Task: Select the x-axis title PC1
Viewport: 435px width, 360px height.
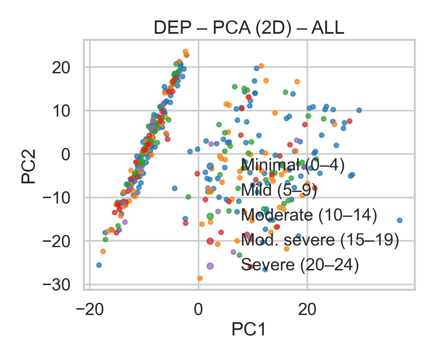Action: point(249,330)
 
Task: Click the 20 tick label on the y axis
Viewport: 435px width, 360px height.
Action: point(61,68)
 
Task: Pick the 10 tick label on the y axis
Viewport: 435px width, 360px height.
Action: point(61,111)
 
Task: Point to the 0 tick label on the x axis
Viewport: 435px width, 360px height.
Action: point(198,310)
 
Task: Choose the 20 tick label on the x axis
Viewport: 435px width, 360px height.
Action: point(307,310)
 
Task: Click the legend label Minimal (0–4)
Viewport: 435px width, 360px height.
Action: point(293,165)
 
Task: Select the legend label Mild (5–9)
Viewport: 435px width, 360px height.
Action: point(279,190)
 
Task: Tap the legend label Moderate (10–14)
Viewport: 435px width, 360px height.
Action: point(309,215)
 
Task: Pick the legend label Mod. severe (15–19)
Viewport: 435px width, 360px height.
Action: point(320,240)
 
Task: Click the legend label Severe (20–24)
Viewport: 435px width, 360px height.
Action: point(300,265)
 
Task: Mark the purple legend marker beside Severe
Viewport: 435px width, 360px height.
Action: point(210,266)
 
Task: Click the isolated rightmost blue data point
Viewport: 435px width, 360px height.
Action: point(400,220)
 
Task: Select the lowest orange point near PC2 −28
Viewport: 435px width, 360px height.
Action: point(200,278)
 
